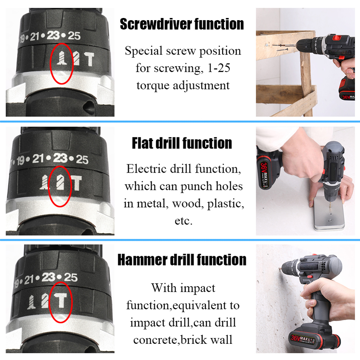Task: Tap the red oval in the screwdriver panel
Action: [60, 64]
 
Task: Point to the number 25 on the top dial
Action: [74, 36]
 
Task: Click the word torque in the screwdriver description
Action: [153, 86]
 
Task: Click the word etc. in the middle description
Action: [183, 220]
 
